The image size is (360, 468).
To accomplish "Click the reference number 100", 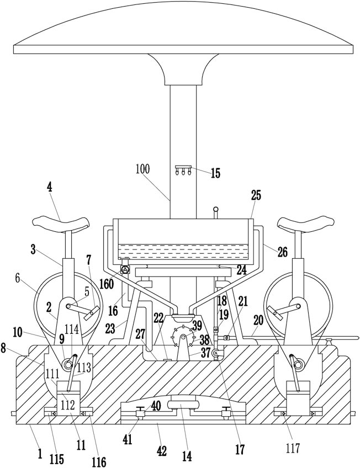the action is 142,169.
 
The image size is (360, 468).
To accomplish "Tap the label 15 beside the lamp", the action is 215,173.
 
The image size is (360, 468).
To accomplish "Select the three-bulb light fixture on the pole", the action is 183,171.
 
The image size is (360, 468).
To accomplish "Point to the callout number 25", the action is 256,195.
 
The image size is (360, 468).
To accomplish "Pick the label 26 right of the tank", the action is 282,252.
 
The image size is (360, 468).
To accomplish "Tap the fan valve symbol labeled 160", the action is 124,270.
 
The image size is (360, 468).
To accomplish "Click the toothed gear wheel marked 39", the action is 183,337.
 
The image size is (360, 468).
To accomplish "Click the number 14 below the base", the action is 187,456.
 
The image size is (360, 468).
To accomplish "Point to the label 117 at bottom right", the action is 293,448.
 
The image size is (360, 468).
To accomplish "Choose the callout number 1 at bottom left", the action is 40,454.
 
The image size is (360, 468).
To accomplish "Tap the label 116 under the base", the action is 98,462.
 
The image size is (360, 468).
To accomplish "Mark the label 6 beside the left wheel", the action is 17,278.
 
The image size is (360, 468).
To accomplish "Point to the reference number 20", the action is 258,321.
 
